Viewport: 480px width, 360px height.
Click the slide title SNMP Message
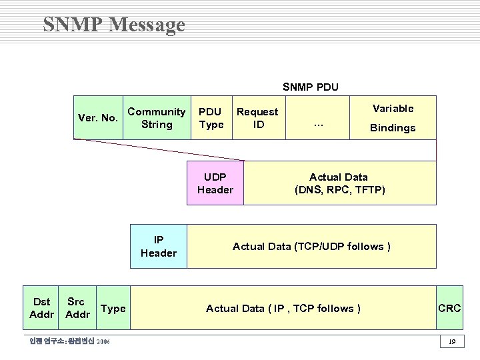[x=114, y=25]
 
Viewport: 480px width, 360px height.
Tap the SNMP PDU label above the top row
[x=310, y=87]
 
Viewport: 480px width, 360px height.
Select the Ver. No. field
[x=98, y=118]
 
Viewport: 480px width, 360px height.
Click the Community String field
[x=157, y=118]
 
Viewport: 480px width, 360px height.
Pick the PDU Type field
[x=211, y=118]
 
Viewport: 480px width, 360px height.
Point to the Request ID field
[x=257, y=118]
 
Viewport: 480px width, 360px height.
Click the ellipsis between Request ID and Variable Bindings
[x=318, y=124]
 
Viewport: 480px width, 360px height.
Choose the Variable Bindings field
[x=393, y=118]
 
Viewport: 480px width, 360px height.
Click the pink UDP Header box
[x=215, y=183]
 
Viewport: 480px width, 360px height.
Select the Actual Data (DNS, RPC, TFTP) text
[x=339, y=183]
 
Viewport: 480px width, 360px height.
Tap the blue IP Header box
[x=159, y=246]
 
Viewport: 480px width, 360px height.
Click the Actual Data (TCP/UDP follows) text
[x=311, y=247]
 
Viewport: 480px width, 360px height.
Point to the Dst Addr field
[x=41, y=308]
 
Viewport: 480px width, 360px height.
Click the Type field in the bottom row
[x=113, y=308]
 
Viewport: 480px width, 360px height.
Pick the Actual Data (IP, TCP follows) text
[x=283, y=308]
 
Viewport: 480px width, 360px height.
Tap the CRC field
[x=449, y=308]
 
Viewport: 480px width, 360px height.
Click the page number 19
[x=451, y=342]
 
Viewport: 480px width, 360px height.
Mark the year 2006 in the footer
[x=103, y=342]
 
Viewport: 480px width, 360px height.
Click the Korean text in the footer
[x=61, y=342]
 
